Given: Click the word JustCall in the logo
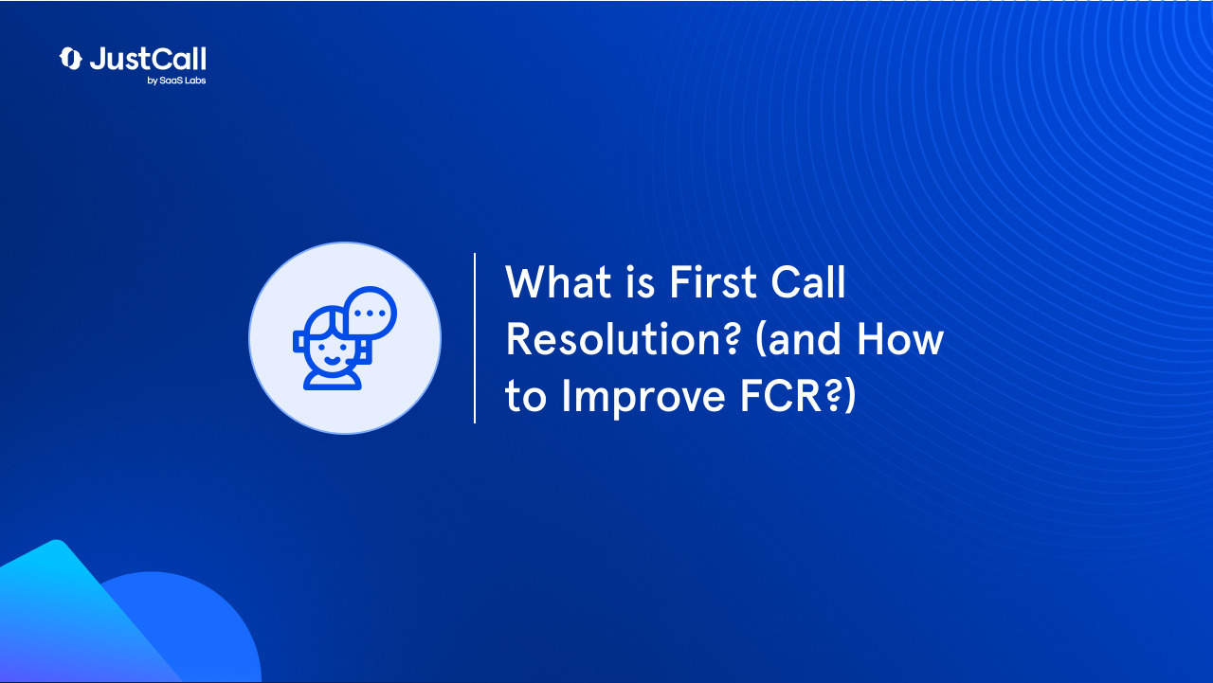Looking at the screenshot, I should (148, 59).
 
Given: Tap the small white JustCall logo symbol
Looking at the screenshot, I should (71, 59).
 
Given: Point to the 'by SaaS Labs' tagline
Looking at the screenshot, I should (176, 81).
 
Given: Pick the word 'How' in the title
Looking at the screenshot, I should (900, 339).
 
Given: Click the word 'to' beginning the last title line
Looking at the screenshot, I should (526, 398).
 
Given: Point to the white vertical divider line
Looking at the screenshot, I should (475, 338).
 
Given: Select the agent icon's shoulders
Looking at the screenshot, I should (332, 380).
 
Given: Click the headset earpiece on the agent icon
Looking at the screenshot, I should (299, 341).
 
